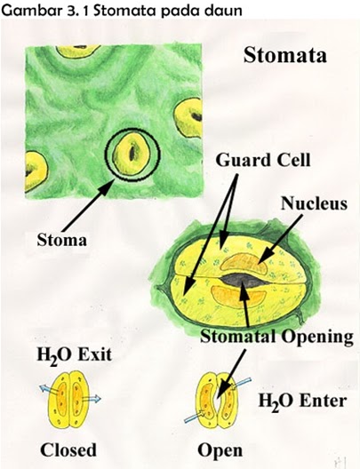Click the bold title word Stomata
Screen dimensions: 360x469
coord(284,55)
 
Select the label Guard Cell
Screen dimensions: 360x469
coord(263,160)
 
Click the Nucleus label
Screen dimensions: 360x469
coord(314,203)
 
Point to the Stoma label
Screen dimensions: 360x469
coord(61,240)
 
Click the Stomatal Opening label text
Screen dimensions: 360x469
coord(276,337)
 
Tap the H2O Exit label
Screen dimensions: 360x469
coord(74,355)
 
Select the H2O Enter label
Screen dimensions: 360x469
coord(302,401)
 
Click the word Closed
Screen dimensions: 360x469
coord(68,449)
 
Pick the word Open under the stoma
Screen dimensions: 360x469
coord(220,450)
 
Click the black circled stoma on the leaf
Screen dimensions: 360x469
coord(132,155)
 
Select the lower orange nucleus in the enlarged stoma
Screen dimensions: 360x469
coord(238,297)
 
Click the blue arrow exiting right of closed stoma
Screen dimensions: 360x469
coord(92,399)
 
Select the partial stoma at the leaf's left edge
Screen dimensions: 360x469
coord(36,170)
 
